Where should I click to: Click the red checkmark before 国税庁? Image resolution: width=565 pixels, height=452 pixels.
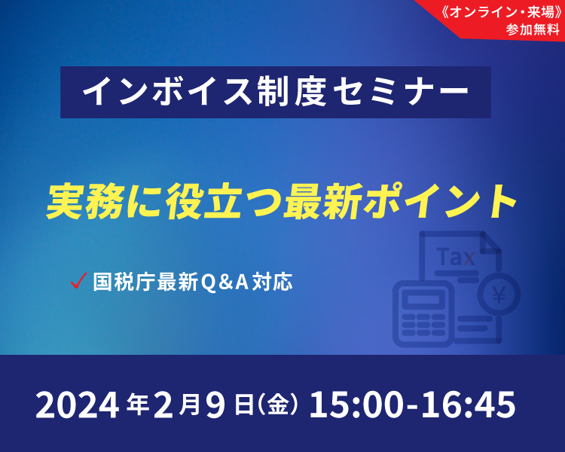(78, 281)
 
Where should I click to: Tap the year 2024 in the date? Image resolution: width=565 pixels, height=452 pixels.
(77, 405)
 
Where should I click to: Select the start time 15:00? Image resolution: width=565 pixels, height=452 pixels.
(356, 405)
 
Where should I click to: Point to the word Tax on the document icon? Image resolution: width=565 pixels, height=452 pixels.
(456, 257)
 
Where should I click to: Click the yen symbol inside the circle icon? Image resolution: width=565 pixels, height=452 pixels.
(499, 295)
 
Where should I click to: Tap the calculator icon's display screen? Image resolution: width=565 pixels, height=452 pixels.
(423, 300)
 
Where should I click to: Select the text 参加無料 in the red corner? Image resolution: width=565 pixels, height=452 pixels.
(533, 29)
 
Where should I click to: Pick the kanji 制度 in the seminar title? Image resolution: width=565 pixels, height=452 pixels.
(292, 92)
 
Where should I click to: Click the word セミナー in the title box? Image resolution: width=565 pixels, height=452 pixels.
(400, 92)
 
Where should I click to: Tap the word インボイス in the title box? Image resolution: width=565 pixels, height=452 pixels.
(166, 92)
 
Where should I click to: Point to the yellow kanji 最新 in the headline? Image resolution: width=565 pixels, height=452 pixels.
(323, 201)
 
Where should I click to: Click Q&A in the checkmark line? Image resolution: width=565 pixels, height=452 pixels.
(224, 282)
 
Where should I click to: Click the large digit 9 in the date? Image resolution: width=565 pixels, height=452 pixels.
(216, 405)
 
